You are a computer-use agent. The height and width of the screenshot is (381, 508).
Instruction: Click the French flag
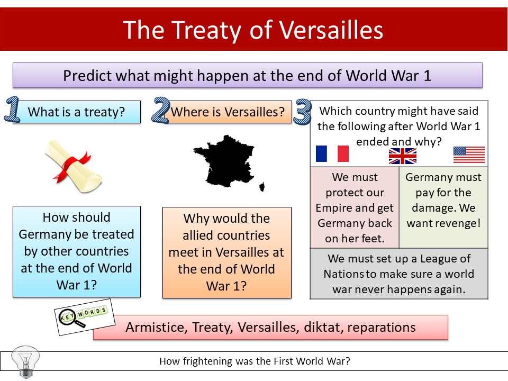[332, 154]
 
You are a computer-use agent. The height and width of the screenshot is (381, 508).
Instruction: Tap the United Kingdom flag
[403, 156]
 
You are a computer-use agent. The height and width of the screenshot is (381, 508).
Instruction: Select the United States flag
[469, 155]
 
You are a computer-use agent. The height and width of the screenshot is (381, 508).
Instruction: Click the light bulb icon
[25, 361]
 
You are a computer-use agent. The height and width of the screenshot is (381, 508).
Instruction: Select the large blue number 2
[161, 110]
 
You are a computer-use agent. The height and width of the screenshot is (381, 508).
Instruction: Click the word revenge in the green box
[459, 223]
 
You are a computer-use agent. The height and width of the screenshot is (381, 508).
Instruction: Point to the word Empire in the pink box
[335, 208]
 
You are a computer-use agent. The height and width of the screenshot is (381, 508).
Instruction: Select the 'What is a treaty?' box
[77, 112]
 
